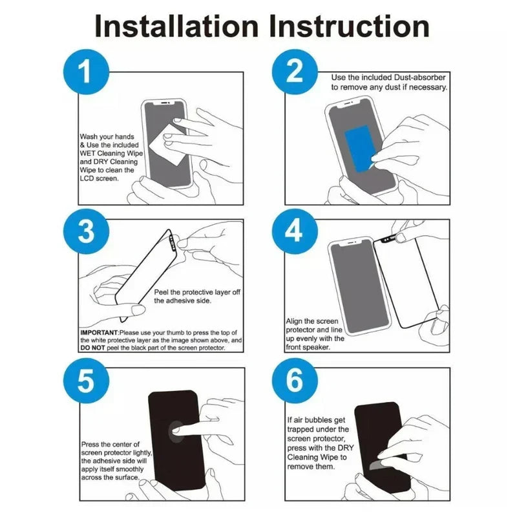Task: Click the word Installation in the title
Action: point(176,26)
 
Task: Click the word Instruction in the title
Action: point(349,26)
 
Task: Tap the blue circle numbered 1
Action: point(86,72)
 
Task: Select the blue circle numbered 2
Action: point(295,72)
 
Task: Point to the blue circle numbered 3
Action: point(86,231)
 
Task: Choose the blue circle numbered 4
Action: point(295,231)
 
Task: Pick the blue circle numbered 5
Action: point(86,381)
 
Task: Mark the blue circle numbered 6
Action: point(295,381)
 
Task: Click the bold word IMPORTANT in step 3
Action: point(99,333)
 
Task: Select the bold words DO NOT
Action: point(92,348)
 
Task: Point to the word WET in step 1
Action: point(87,153)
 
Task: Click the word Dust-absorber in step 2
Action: point(419,78)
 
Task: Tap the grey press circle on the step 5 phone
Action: point(176,432)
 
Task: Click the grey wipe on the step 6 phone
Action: point(380,464)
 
